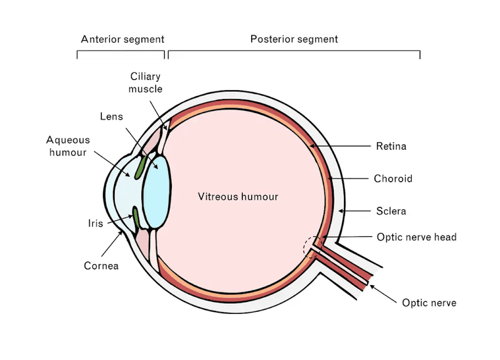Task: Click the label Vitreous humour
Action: pos(238,197)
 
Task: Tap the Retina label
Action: pos(391,147)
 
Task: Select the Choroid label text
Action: pos(393,178)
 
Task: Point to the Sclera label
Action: pos(391,211)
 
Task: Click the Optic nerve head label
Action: pos(416,237)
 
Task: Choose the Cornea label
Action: pos(101,266)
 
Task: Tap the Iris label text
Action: pos(95,223)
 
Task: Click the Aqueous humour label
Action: pos(68,146)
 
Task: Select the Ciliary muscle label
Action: pos(145,83)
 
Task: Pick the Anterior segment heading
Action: pos(123,40)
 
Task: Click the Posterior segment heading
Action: pos(294,39)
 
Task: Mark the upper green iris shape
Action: pos(139,168)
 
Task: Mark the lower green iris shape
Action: pos(136,217)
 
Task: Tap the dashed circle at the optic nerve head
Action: pos(311,247)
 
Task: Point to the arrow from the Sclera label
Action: pos(354,211)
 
